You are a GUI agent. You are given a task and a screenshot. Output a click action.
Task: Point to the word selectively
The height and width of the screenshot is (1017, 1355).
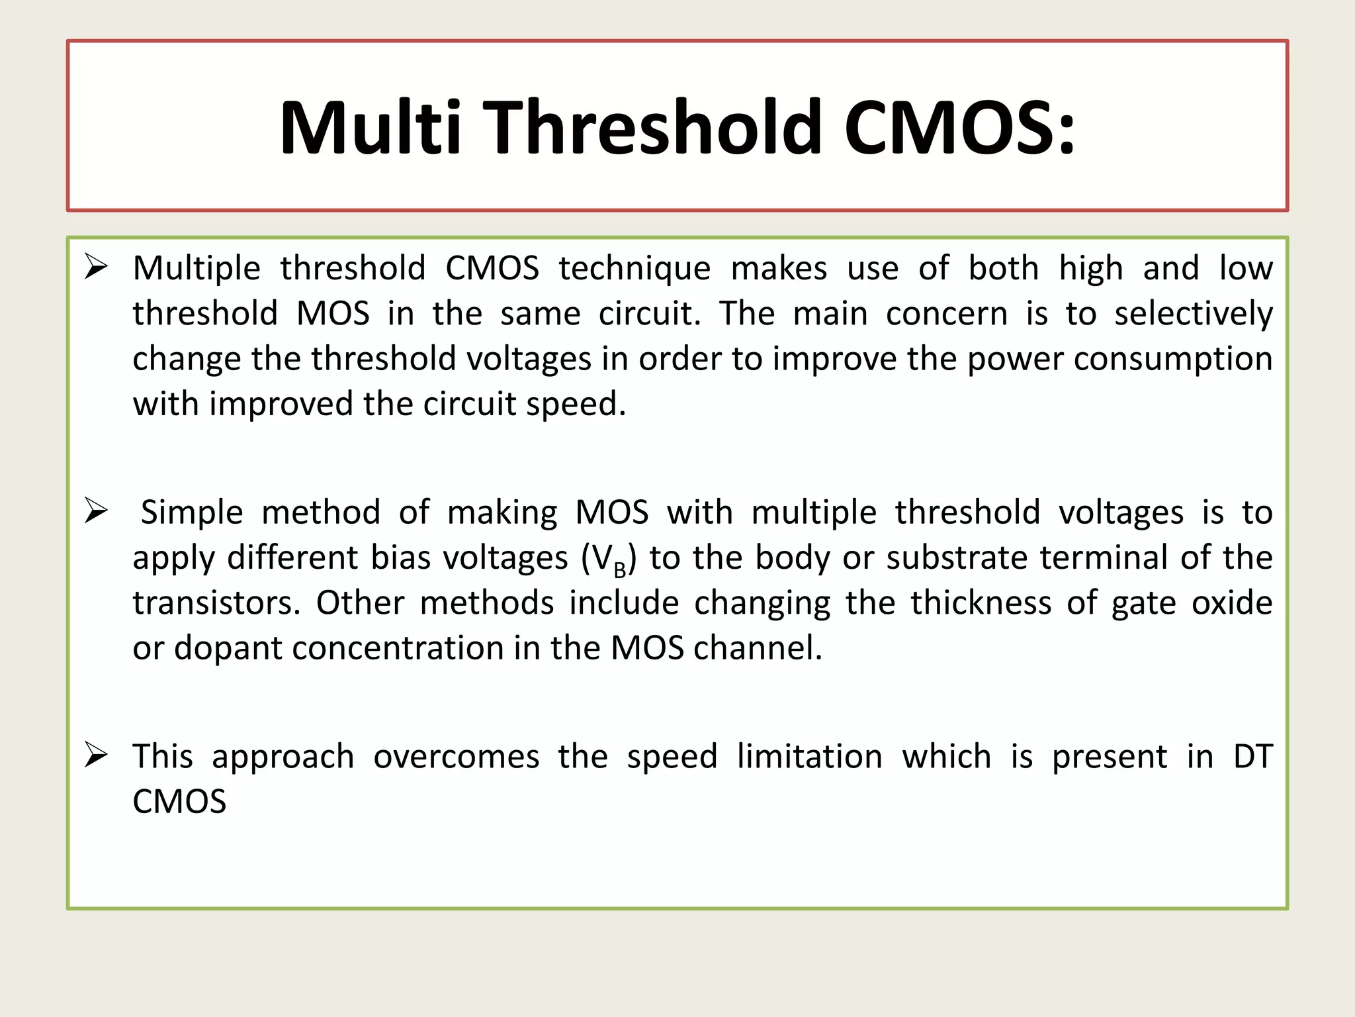pyautogui.click(x=1193, y=315)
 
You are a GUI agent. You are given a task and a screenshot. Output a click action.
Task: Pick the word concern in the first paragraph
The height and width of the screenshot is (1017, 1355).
pyautogui.click(x=946, y=314)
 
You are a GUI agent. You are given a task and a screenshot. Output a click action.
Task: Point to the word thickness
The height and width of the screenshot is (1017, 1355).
pyautogui.click(x=981, y=603)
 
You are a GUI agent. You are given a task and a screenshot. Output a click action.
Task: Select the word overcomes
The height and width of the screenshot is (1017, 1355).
pyautogui.click(x=456, y=757)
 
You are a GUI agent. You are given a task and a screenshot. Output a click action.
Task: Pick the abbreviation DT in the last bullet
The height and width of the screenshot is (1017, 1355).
pyautogui.click(x=1252, y=757)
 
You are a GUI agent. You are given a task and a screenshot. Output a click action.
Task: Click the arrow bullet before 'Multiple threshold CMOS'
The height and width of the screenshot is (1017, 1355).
pyautogui.click(x=97, y=267)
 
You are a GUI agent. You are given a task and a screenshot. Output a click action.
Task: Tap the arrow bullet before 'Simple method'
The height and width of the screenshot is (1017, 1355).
pyautogui.click(x=97, y=511)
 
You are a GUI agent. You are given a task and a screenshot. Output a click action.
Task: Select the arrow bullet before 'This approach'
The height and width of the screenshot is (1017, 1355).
pyautogui.click(x=97, y=755)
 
